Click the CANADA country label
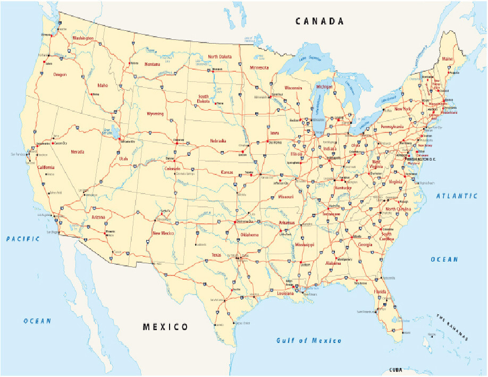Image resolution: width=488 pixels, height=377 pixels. [x=319, y=22]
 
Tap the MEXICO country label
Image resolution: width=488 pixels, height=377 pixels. [x=165, y=326]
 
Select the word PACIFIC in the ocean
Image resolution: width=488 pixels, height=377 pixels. [x=23, y=239]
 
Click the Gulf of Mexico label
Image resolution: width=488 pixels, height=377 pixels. [x=309, y=340]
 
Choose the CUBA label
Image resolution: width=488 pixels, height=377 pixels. [x=396, y=370]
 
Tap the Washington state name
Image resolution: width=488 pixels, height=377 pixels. [x=83, y=38]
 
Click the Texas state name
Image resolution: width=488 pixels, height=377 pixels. [x=216, y=255]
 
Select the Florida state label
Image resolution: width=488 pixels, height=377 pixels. [x=380, y=292]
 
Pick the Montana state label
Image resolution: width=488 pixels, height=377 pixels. [x=152, y=64]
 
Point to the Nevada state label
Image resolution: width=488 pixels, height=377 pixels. [x=78, y=152]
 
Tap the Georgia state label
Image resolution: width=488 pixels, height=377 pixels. [x=365, y=245]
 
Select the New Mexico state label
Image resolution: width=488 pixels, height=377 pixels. [x=163, y=233]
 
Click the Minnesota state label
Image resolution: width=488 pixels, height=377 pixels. [x=259, y=68]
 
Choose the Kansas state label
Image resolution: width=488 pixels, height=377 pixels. [x=229, y=172]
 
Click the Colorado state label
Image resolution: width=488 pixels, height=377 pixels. [x=173, y=168]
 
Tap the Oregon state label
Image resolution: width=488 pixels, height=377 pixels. [x=60, y=75]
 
